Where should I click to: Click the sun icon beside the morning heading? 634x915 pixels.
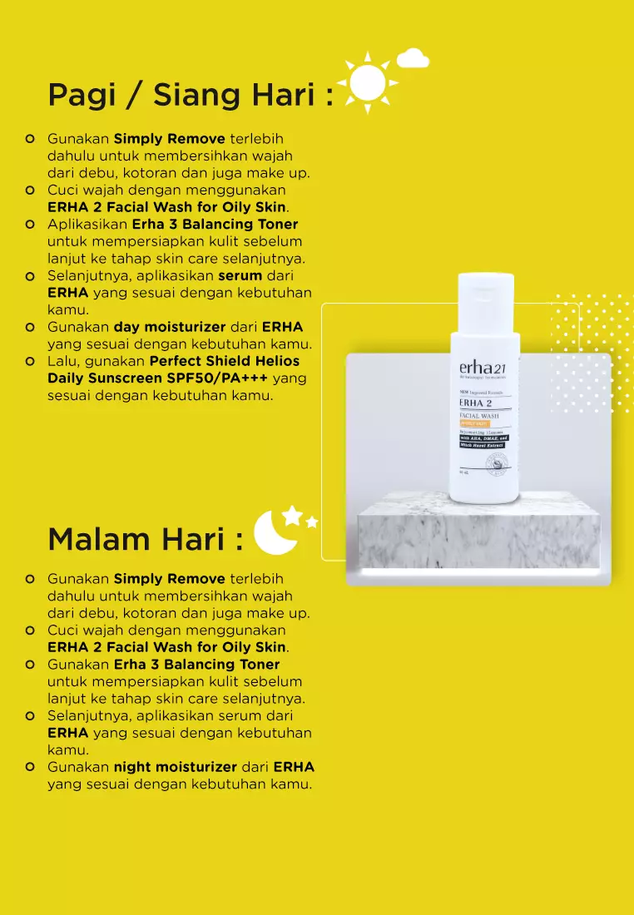tap(367, 82)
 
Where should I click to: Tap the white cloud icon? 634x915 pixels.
tap(413, 58)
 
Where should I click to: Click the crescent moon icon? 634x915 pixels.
tap(272, 532)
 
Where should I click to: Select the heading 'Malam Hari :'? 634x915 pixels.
tap(146, 539)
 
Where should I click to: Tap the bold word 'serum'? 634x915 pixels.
tap(240, 275)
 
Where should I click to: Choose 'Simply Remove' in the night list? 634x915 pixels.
tap(170, 579)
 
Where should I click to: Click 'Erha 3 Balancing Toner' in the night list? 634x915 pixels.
tap(196, 665)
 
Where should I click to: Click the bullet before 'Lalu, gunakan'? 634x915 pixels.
tap(30, 361)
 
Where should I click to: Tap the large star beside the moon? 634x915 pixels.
tap(292, 516)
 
